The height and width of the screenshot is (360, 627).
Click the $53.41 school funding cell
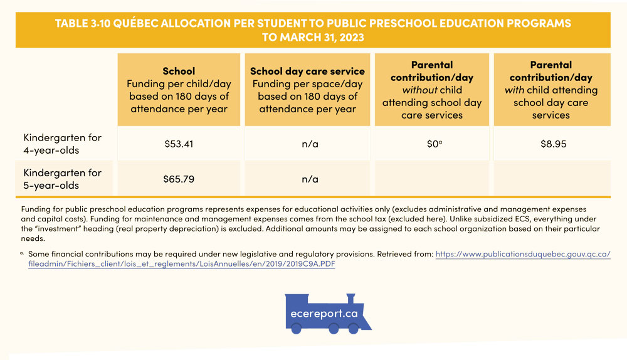[179, 144]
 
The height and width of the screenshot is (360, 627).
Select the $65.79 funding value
[179, 179]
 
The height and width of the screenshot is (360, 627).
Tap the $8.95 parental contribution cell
[553, 144]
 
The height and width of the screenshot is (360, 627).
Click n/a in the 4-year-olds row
[310, 144]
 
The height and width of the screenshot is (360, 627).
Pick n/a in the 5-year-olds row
[310, 179]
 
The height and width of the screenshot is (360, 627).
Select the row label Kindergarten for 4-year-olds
[62, 143]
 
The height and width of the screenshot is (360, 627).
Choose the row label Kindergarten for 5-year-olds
[62, 178]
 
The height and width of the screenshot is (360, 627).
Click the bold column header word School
[179, 71]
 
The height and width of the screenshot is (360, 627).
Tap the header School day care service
[307, 71]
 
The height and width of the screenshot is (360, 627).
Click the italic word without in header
[420, 90]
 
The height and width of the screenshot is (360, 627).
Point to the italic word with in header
[514, 90]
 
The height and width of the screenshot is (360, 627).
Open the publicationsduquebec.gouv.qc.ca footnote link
[522, 255]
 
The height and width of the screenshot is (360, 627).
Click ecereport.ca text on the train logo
[324, 314]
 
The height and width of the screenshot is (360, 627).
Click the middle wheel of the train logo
[334, 328]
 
